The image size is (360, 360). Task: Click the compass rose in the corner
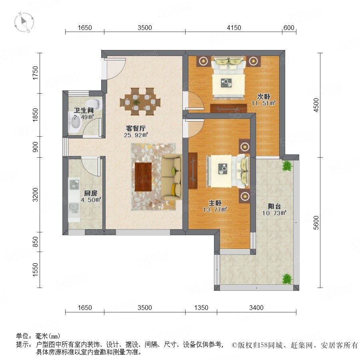24,22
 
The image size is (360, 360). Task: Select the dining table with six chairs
140,102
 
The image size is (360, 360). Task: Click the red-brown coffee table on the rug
143,177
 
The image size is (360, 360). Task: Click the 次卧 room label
263,97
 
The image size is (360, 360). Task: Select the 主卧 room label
215,203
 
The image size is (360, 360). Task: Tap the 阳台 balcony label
274,206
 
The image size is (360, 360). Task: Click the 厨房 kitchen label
90,193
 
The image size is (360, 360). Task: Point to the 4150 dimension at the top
234,28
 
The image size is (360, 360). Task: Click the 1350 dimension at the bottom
201,308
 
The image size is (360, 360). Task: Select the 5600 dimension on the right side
316,222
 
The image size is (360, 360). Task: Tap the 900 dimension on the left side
35,147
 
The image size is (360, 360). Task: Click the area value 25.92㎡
136,135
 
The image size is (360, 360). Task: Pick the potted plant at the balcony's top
287,166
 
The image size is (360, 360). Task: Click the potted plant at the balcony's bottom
287,279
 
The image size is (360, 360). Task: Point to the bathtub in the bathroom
75,122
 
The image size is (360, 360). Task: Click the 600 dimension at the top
289,28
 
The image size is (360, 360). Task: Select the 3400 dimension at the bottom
256,308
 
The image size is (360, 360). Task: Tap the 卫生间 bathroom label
84,110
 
